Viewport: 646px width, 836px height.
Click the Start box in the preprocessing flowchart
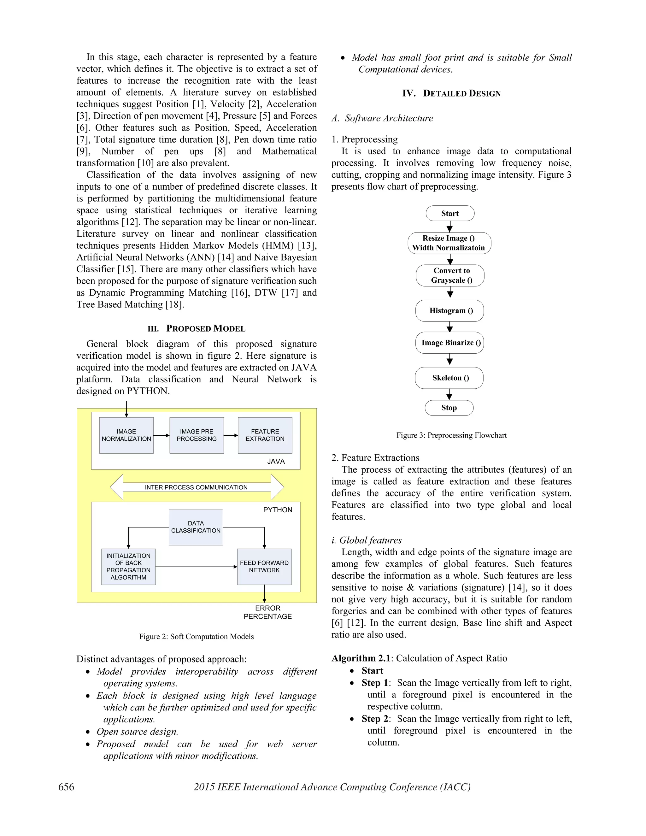click(450, 213)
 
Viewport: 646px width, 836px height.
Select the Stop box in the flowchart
click(449, 408)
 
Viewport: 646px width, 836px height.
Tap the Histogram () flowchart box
click(450, 310)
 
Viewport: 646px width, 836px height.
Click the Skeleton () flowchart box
click(449, 378)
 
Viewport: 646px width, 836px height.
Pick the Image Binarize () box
click(450, 343)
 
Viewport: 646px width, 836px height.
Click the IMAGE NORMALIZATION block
click(126, 435)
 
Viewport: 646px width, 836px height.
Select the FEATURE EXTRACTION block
click(265, 435)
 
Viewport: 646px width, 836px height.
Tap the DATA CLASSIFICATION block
click(196, 527)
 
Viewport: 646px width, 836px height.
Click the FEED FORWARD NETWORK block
click(264, 567)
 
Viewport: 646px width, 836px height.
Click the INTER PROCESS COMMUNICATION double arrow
click(196, 487)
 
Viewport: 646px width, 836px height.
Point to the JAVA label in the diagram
click(276, 461)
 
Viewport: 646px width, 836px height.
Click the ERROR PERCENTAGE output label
click(267, 612)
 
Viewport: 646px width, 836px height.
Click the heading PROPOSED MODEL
click(206, 328)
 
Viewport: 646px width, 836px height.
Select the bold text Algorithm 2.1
click(361, 658)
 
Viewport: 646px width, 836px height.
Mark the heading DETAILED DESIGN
click(461, 93)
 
